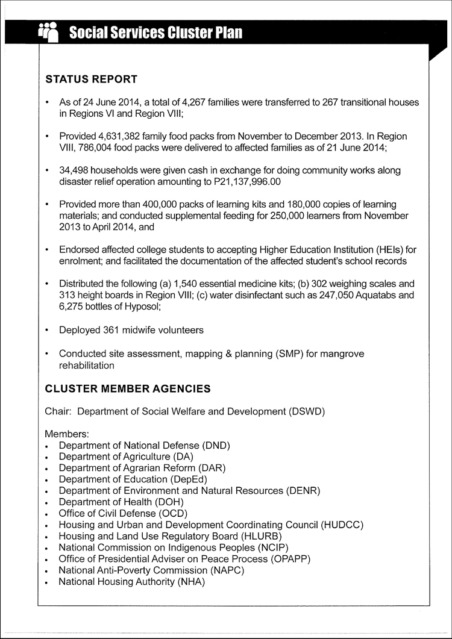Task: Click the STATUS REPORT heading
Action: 91,79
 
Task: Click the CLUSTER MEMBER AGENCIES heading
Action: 128,389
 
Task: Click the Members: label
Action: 67,434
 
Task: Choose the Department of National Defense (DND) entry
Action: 145,446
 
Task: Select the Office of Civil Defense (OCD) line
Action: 123,514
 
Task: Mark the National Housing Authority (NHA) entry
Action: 132,582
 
